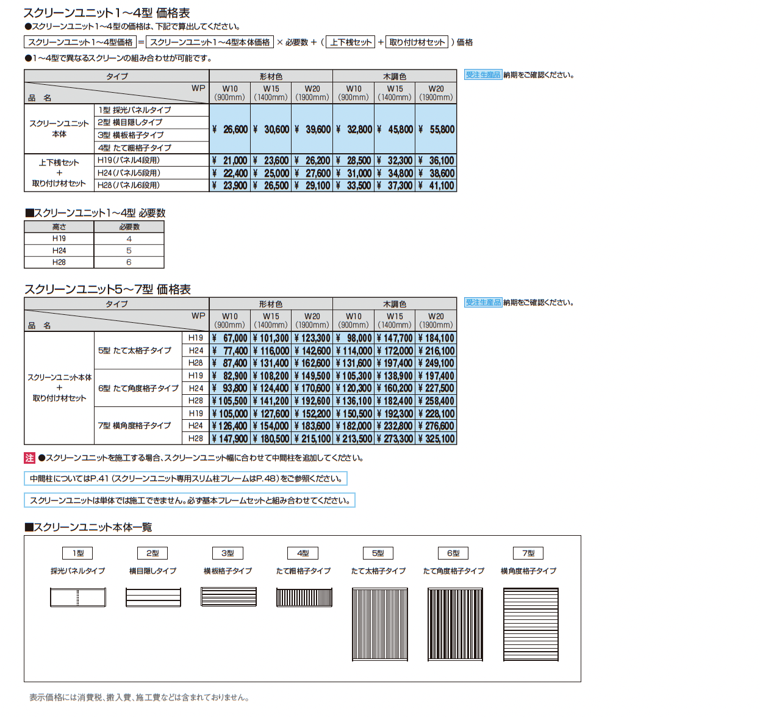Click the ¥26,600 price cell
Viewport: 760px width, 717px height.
[230, 129]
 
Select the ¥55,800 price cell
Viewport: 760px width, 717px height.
[436, 129]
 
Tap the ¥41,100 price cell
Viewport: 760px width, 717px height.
[436, 186]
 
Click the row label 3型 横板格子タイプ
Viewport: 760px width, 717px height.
[131, 135]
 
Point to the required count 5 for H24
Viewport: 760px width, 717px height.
[129, 251]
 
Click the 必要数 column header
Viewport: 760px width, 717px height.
[129, 227]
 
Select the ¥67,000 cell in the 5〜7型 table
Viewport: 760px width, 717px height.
[230, 338]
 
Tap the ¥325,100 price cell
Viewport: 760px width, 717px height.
[436, 439]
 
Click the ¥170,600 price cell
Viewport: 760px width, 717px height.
[312, 388]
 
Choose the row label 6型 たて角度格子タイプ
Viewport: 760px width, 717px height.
[138, 388]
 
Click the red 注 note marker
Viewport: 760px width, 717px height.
[30, 458]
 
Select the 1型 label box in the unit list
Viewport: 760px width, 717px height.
[78, 553]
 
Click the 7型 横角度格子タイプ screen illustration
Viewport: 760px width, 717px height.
[531, 624]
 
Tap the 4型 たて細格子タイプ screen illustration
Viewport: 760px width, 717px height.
[304, 597]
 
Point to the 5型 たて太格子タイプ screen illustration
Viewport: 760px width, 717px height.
[379, 624]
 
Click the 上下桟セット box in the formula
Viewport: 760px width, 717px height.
[351, 42]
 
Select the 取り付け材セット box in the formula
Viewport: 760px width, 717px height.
[417, 42]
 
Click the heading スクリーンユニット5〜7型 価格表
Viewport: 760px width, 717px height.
[107, 289]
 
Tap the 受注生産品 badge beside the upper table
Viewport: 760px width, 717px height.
[482, 75]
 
